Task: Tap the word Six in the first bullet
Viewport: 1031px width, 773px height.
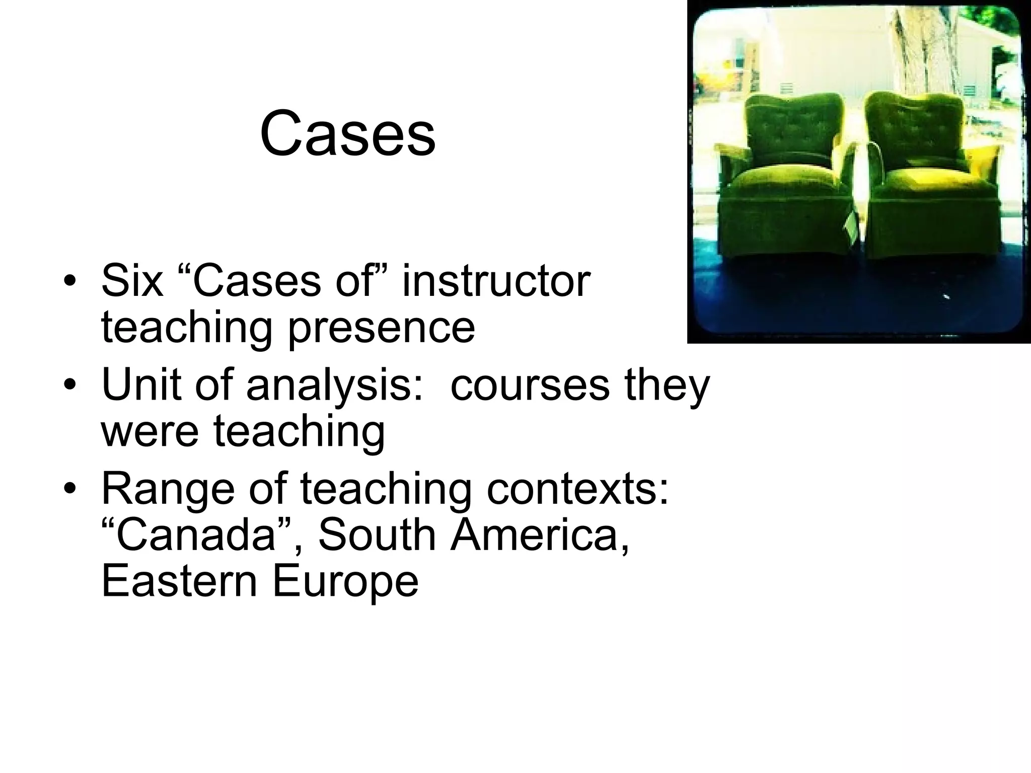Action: coord(132,281)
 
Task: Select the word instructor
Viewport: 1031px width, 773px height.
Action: coord(496,281)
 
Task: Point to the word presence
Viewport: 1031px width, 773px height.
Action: coord(381,327)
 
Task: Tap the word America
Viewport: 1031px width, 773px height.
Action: coord(540,534)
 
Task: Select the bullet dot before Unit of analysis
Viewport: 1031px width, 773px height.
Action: coord(70,386)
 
